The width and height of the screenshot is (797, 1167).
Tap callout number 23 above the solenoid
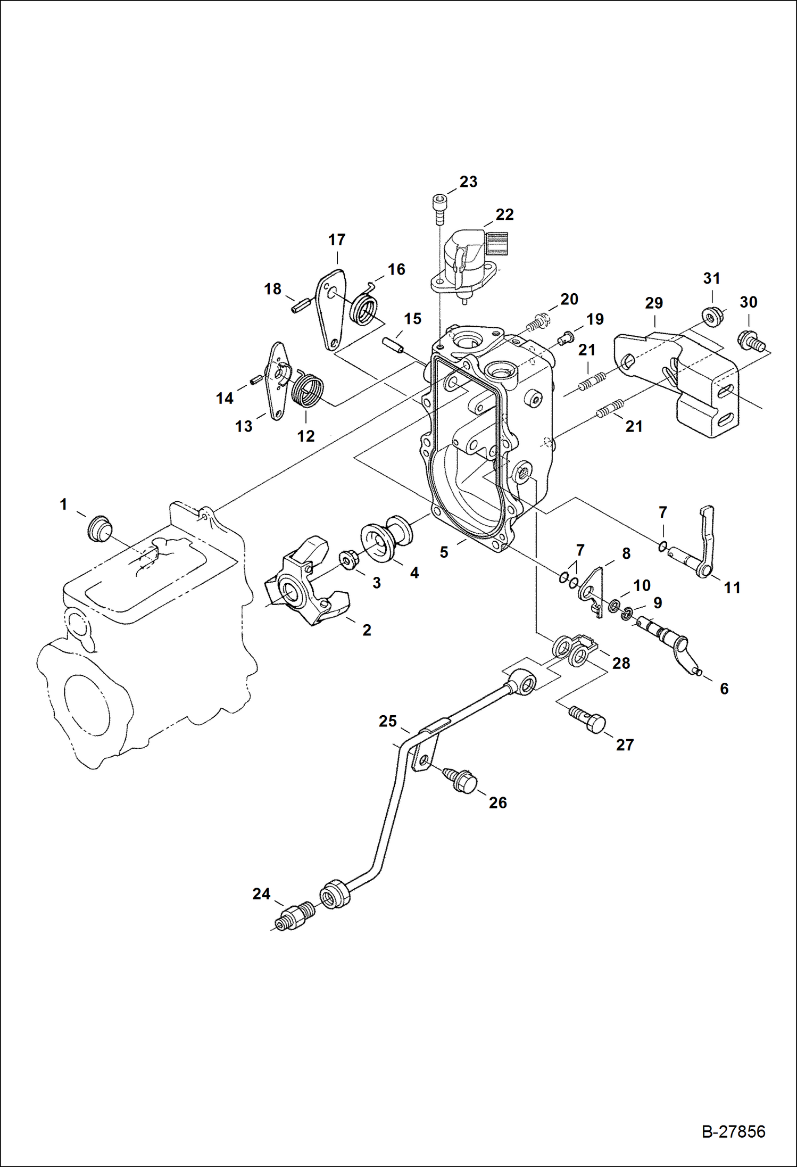468,182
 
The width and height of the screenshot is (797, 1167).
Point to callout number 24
261,894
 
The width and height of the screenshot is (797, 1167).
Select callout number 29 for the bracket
654,303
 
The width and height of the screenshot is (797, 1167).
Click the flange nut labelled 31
711,316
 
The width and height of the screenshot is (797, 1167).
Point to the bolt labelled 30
751,340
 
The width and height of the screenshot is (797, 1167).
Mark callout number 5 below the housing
444,552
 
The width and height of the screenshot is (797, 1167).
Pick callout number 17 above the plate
337,240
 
